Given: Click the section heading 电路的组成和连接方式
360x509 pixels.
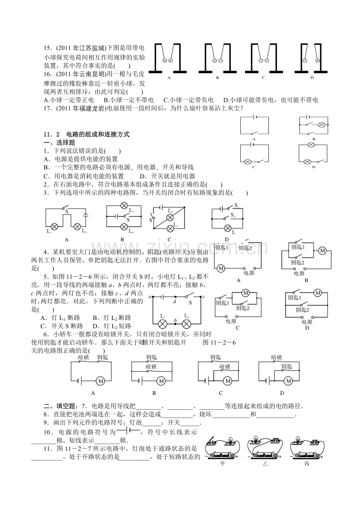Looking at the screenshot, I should [98, 134].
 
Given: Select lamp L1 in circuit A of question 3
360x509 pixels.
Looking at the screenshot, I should [55, 226].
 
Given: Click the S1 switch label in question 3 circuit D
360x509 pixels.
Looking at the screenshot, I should [236, 206].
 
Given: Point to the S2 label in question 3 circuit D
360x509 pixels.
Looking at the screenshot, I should [233, 215].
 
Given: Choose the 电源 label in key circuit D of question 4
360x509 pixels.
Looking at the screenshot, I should [307, 322].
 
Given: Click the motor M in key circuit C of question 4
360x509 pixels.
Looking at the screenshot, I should [246, 293].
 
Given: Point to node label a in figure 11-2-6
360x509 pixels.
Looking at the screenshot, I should [150, 298].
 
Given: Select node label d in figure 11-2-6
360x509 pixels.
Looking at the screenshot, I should [175, 302].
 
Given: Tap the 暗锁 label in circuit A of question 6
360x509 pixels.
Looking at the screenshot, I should [83, 357].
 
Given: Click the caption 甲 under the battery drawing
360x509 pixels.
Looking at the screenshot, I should [223, 464].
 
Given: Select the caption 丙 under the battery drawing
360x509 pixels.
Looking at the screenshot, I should [306, 464].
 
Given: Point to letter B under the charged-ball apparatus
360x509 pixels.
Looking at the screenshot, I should [218, 77].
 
